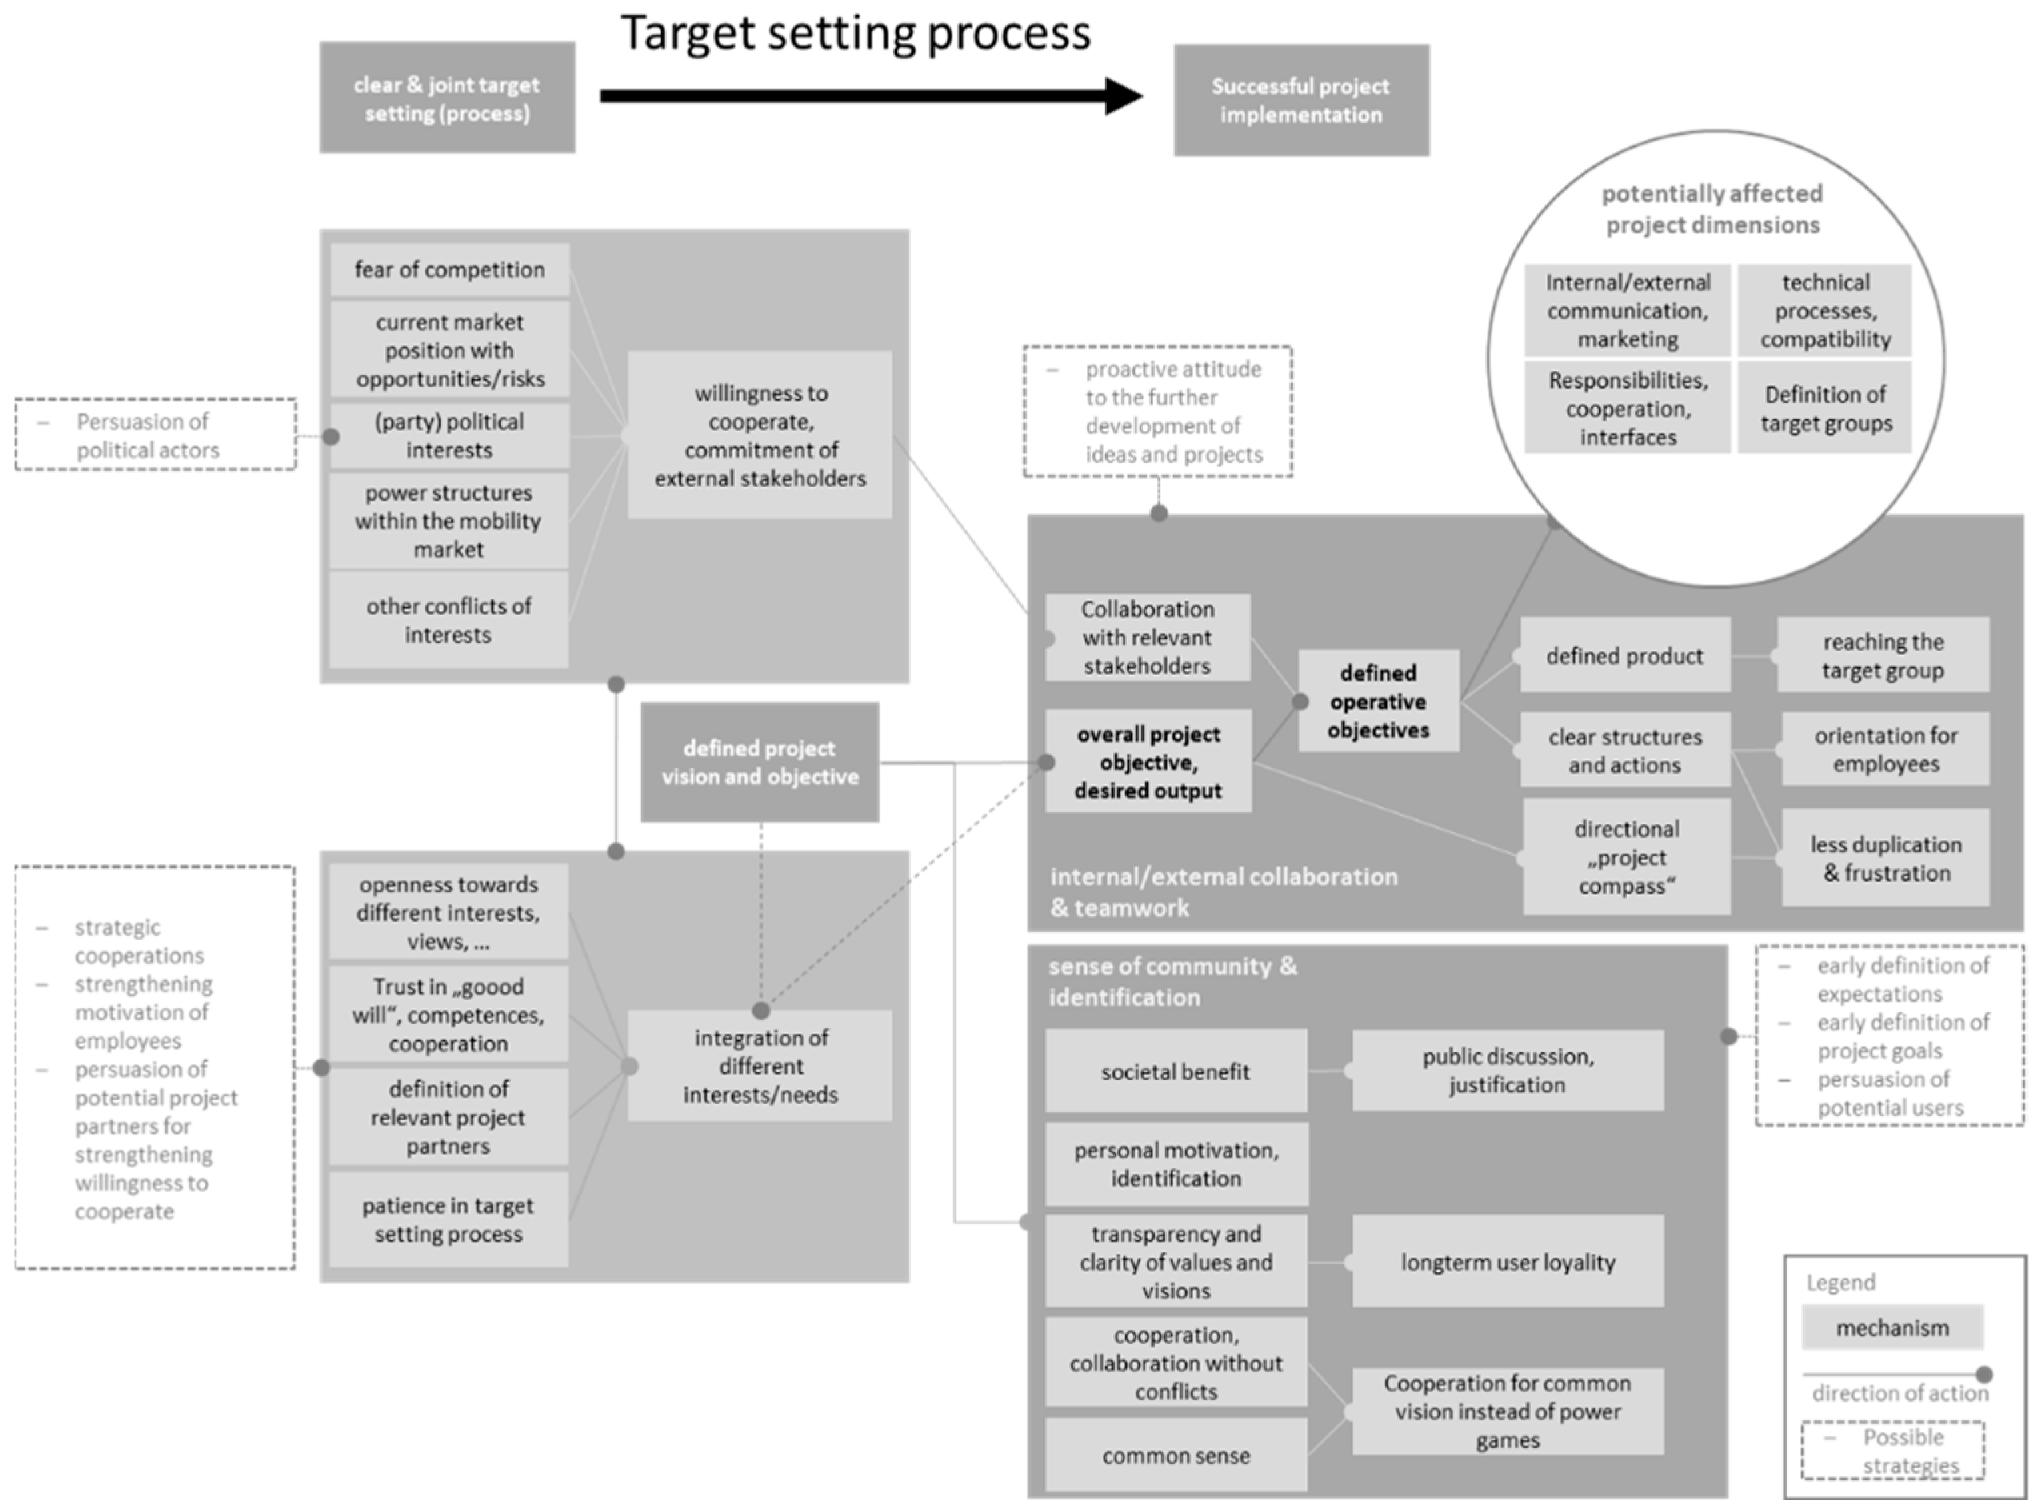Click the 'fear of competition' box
[449, 270]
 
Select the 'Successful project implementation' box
[1300, 101]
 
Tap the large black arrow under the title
[869, 96]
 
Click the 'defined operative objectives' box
[1378, 702]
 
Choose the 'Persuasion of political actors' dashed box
[155, 435]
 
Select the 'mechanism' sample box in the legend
[1892, 1327]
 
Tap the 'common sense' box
[1175, 1455]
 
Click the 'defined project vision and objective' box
[759, 762]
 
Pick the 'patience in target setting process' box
[448, 1220]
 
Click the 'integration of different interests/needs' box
[759, 1066]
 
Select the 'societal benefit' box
[1175, 1072]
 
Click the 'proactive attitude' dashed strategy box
[1157, 412]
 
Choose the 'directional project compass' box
[1626, 858]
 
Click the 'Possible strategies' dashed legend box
[1892, 1450]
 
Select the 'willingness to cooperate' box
[759, 435]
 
